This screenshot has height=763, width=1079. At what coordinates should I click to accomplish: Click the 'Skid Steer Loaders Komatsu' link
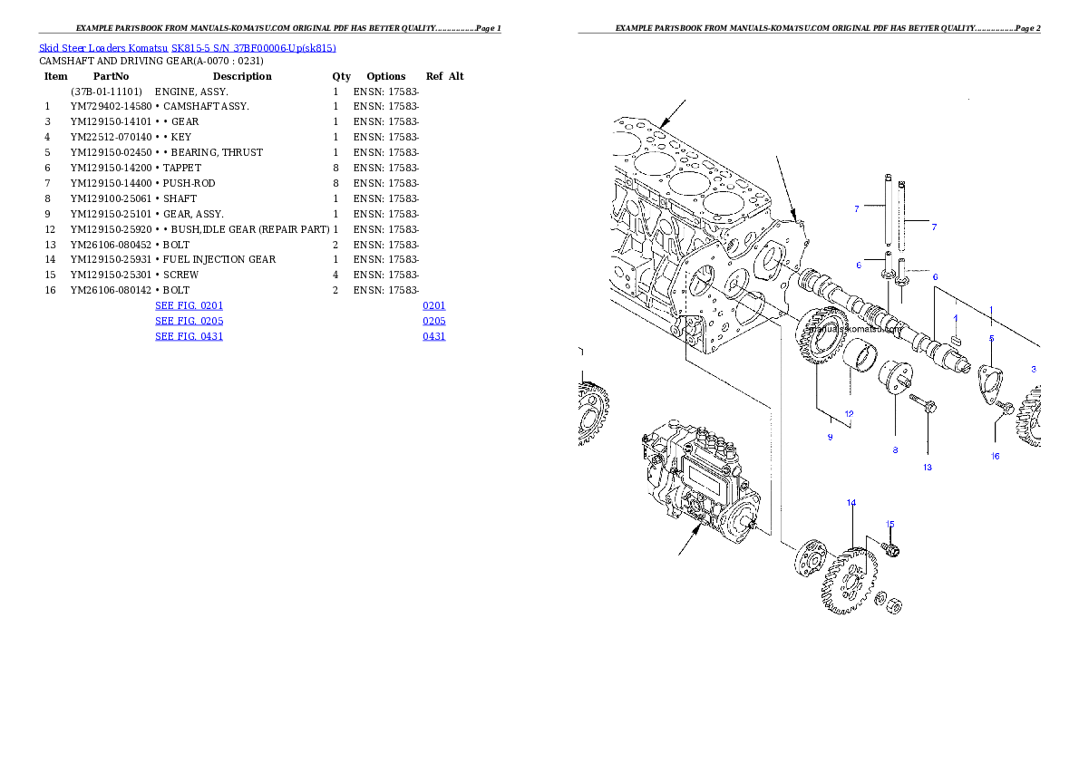coord(103,48)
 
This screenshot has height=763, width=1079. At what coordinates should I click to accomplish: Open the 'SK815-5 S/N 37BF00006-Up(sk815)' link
coord(253,48)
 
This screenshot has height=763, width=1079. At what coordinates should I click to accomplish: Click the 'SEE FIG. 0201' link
coord(189,306)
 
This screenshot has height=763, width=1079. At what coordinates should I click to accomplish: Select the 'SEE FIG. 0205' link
coord(189,321)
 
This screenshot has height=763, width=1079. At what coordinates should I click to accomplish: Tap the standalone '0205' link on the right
coord(433,321)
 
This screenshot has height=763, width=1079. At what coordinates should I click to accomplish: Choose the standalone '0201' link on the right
coord(433,306)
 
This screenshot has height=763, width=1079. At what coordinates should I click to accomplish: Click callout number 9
coord(830,438)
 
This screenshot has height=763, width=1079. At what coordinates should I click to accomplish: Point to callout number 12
coord(849,414)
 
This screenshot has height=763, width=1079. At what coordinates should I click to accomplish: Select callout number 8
coord(895,449)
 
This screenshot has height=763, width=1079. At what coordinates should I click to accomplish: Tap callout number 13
coord(928,468)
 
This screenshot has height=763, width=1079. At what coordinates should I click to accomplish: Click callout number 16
coord(995,456)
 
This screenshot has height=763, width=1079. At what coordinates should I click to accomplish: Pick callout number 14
coord(851,502)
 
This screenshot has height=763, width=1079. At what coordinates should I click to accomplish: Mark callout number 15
coord(889,524)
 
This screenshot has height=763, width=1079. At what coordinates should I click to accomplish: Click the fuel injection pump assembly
coord(703,480)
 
